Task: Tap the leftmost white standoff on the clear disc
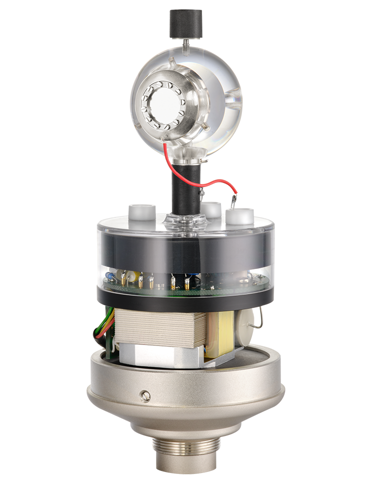click(x=144, y=213)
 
